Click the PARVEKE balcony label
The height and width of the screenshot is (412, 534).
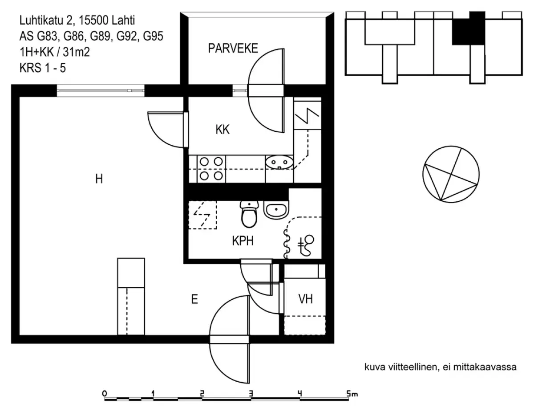click(233, 49)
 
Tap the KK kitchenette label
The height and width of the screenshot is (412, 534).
click(222, 130)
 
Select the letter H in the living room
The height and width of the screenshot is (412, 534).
click(99, 179)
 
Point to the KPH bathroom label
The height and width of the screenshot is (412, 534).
click(243, 241)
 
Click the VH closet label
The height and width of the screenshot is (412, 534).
click(305, 299)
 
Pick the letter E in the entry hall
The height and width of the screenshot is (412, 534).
click(194, 299)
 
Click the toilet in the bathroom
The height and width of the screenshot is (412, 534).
click(249, 214)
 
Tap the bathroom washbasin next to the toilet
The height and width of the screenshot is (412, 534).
click(276, 209)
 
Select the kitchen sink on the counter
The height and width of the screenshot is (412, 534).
click(279, 162)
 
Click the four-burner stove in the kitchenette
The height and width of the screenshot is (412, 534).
click(211, 169)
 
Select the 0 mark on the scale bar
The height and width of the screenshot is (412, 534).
click(105, 393)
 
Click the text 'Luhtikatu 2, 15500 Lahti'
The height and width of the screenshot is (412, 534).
click(77, 20)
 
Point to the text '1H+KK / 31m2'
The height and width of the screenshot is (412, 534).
click(55, 52)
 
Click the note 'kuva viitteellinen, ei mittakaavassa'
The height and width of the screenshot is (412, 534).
click(440, 368)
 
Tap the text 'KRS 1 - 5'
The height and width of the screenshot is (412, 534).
click(43, 68)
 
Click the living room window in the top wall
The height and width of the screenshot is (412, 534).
click(101, 90)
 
